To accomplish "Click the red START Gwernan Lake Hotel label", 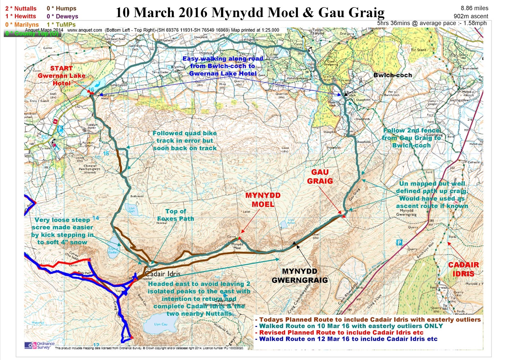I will [x=61, y=76].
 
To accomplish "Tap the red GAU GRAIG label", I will [x=320, y=176].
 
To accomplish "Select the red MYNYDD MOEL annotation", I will [x=263, y=200].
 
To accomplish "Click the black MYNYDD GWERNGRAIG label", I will [x=299, y=276].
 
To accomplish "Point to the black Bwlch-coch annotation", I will [x=393, y=75].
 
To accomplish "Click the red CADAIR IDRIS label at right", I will [x=463, y=269].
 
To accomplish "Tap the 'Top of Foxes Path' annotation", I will [x=176, y=215].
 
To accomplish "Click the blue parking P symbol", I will [x=399, y=243].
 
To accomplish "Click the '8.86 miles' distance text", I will [x=474, y=8].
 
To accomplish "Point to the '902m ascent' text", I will [x=471, y=16].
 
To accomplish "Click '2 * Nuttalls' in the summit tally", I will [x=21, y=9].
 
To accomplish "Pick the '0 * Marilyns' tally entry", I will [x=22, y=25].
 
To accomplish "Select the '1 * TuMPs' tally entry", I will [x=61, y=25].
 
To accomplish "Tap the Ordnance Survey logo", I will [x=39, y=345].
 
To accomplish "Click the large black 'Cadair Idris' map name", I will [x=163, y=274].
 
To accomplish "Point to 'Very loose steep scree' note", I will [x=62, y=231].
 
